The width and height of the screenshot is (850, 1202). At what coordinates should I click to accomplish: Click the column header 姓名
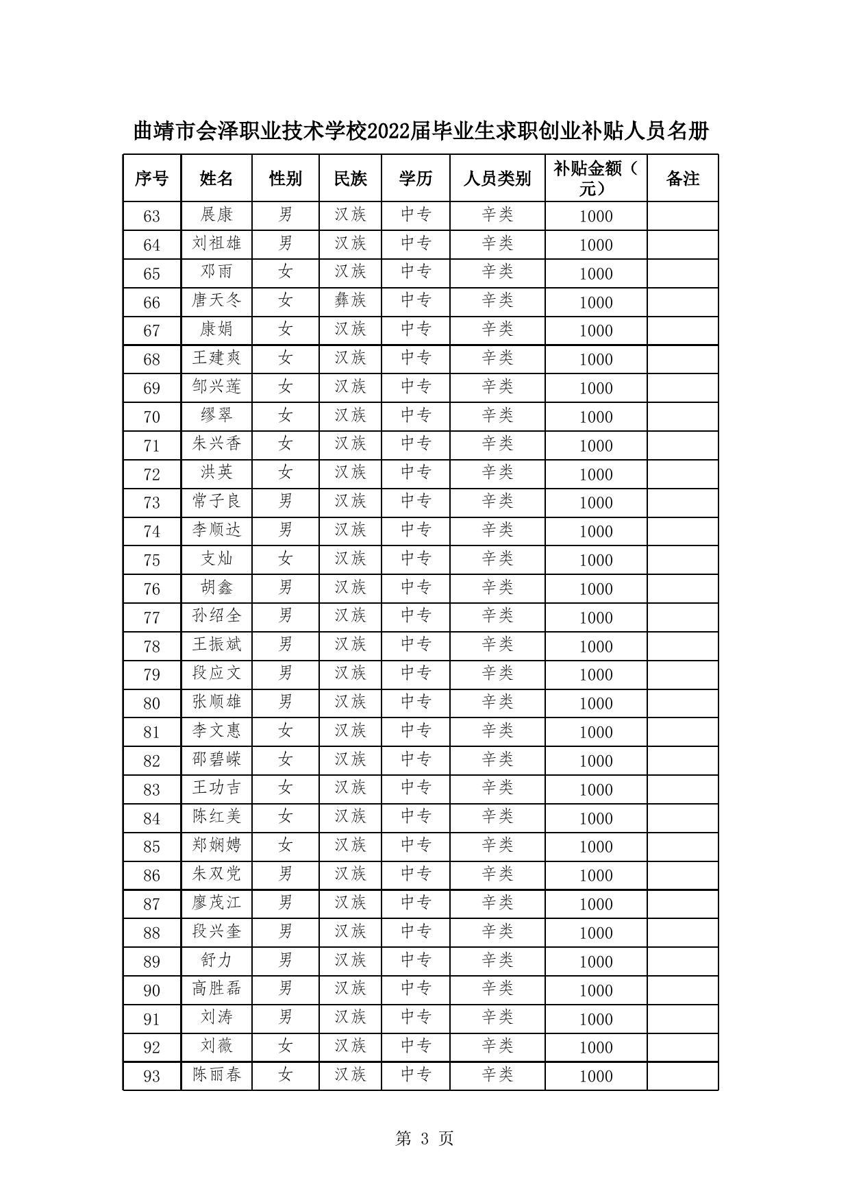(216, 179)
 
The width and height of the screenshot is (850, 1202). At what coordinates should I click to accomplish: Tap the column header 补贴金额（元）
(595, 178)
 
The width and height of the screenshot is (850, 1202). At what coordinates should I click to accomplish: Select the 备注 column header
(682, 179)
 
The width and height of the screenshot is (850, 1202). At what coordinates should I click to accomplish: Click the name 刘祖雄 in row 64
(216, 244)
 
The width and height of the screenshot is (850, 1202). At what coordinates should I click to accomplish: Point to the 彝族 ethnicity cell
(350, 301)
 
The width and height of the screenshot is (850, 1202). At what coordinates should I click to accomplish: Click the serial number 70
(151, 417)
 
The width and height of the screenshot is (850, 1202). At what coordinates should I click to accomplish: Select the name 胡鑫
(216, 588)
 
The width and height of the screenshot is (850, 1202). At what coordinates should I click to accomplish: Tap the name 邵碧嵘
(216, 760)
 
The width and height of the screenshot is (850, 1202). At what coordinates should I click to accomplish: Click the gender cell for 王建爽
(285, 358)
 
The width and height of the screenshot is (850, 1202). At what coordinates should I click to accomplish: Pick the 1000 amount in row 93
(595, 1077)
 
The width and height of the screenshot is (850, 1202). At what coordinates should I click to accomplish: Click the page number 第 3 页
(425, 1138)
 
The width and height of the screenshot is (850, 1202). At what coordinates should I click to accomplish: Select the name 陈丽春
(216, 1075)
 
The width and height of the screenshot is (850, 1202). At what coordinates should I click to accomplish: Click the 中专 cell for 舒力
(415, 961)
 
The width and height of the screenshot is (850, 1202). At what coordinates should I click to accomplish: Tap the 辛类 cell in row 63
(497, 215)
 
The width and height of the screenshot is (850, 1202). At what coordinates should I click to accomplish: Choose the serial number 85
(151, 847)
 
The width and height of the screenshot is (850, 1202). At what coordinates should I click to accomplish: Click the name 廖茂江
(216, 903)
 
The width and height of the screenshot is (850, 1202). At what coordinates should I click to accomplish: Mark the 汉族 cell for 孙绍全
(350, 616)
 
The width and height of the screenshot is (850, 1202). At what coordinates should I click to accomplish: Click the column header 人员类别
(497, 179)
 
